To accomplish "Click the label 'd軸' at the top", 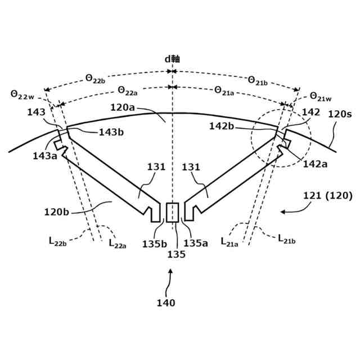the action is (x=172, y=58).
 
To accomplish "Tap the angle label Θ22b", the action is (x=95, y=79).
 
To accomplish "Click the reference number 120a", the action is (x=122, y=106).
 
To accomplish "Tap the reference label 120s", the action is (x=340, y=114).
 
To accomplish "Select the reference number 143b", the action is (x=111, y=133).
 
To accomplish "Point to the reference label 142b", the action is (x=222, y=127).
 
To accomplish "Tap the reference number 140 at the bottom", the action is (x=166, y=303).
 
